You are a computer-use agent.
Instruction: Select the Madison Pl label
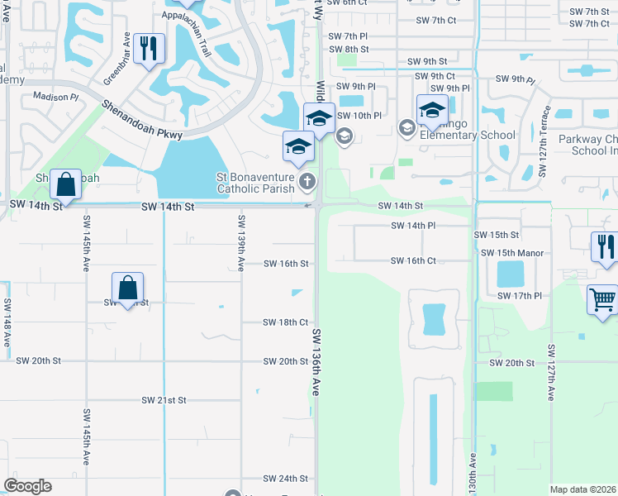pos(55,97)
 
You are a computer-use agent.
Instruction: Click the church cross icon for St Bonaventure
pos(307,181)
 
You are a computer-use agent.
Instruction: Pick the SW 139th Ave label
pos(241,244)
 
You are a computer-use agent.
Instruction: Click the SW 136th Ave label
pos(316,365)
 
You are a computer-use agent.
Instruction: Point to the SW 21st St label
pos(164,400)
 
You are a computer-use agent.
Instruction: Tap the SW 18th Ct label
pos(286,322)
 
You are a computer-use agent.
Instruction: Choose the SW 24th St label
pos(286,479)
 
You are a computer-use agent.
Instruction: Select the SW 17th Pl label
pos(519,295)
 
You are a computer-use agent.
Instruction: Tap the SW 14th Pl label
pos(413,225)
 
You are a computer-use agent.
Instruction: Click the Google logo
pos(28,486)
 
